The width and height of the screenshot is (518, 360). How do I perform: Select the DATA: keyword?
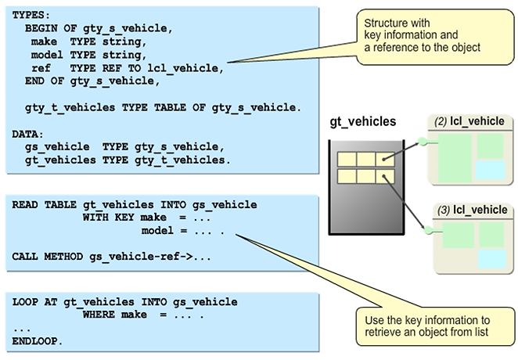[27, 135]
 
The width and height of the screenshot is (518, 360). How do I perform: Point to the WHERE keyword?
[99, 315]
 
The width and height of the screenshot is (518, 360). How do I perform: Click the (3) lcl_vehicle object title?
[473, 210]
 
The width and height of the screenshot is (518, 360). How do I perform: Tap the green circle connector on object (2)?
[423, 141]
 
